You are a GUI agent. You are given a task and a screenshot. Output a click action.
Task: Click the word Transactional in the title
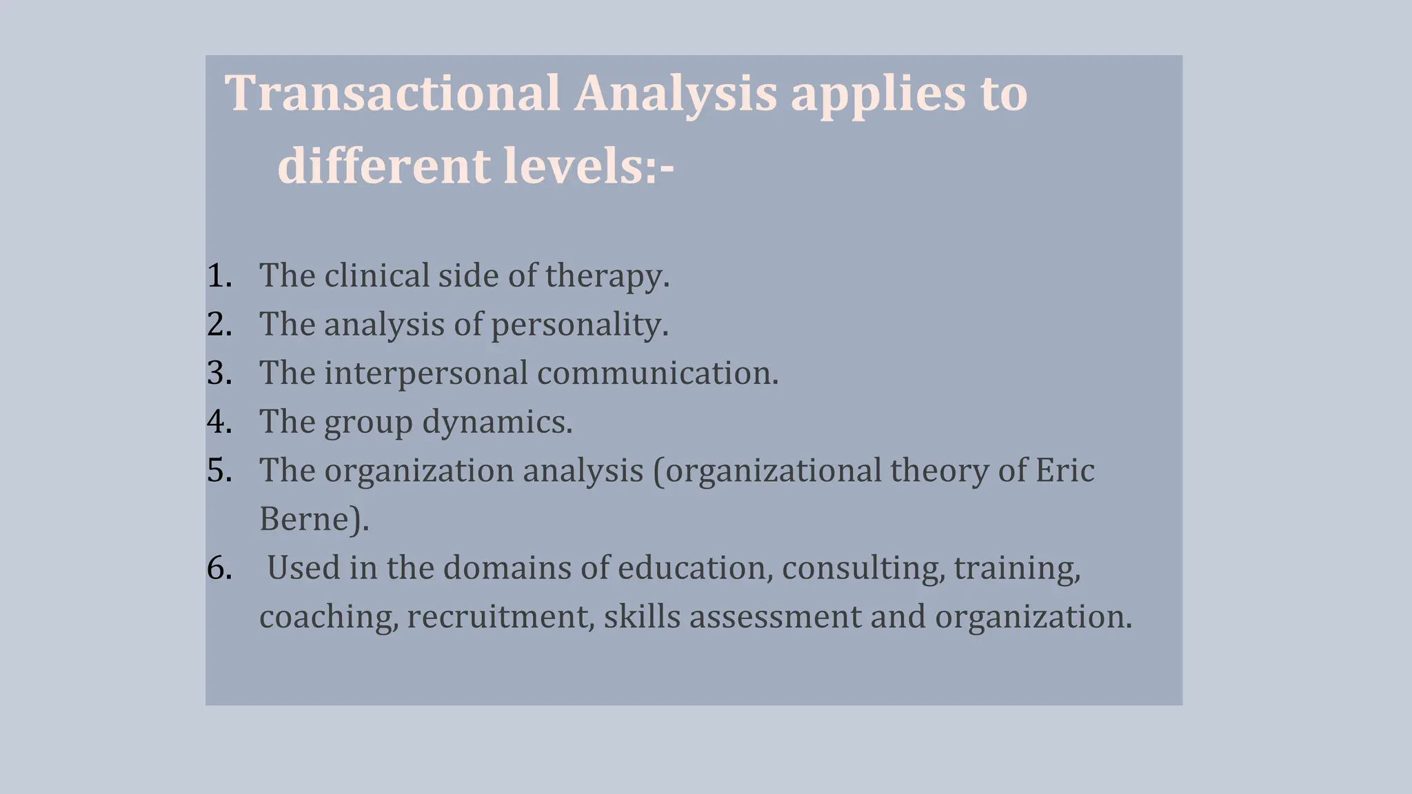pos(392,93)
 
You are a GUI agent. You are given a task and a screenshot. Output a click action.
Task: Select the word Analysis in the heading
pos(675,93)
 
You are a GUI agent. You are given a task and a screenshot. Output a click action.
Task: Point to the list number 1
pos(219,276)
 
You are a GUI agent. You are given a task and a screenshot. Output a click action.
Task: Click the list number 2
pos(219,325)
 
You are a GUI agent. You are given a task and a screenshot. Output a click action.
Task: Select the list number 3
pos(219,374)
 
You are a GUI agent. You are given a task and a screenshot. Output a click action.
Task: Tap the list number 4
pos(219,422)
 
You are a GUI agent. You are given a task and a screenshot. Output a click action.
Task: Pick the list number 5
pos(219,471)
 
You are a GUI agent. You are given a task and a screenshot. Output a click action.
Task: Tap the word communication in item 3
pos(657,374)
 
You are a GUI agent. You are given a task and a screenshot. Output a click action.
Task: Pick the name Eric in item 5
pos(1065,471)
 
